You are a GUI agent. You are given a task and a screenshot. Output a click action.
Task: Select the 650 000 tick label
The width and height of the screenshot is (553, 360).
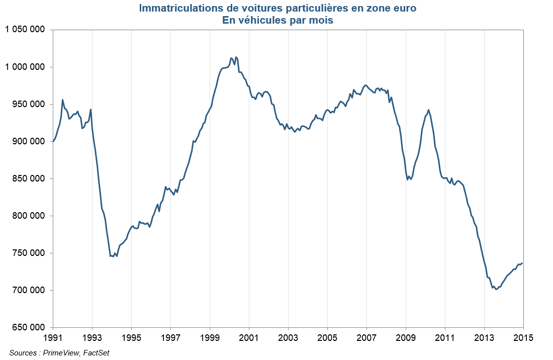click(29, 327)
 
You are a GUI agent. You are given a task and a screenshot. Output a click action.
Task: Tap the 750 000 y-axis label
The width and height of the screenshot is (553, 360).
click(29, 253)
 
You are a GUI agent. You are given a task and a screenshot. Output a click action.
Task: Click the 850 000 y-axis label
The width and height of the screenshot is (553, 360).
click(29, 178)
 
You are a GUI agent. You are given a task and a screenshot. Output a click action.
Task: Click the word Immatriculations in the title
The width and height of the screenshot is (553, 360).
click(171, 9)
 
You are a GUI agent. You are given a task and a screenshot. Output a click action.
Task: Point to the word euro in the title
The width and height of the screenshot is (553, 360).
click(404, 9)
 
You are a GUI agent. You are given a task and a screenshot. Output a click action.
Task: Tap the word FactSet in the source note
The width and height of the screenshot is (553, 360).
click(96, 353)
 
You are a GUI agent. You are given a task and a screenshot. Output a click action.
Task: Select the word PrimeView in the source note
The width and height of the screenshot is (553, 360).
click(61, 353)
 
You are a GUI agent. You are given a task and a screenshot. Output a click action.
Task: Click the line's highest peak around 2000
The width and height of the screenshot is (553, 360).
click(236, 57)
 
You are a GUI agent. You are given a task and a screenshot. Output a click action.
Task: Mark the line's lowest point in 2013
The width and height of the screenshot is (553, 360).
click(496, 289)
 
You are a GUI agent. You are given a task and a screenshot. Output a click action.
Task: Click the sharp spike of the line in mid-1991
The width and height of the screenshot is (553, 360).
click(62, 100)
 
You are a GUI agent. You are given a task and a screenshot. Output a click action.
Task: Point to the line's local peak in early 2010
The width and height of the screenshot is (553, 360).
click(428, 110)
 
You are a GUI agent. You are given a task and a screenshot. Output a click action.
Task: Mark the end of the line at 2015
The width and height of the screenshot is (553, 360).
click(522, 263)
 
